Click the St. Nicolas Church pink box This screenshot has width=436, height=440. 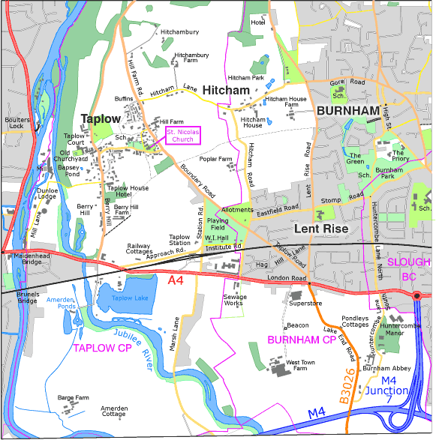pos(183,136)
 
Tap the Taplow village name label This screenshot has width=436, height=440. pos(101,119)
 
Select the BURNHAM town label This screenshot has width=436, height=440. pos(347,111)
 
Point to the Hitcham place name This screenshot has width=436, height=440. pos(226,90)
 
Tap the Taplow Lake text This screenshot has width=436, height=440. pos(131,298)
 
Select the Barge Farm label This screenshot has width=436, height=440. pos(73,398)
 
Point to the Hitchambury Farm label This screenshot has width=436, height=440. pos(191,58)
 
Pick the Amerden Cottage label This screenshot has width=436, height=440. pos(113,411)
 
